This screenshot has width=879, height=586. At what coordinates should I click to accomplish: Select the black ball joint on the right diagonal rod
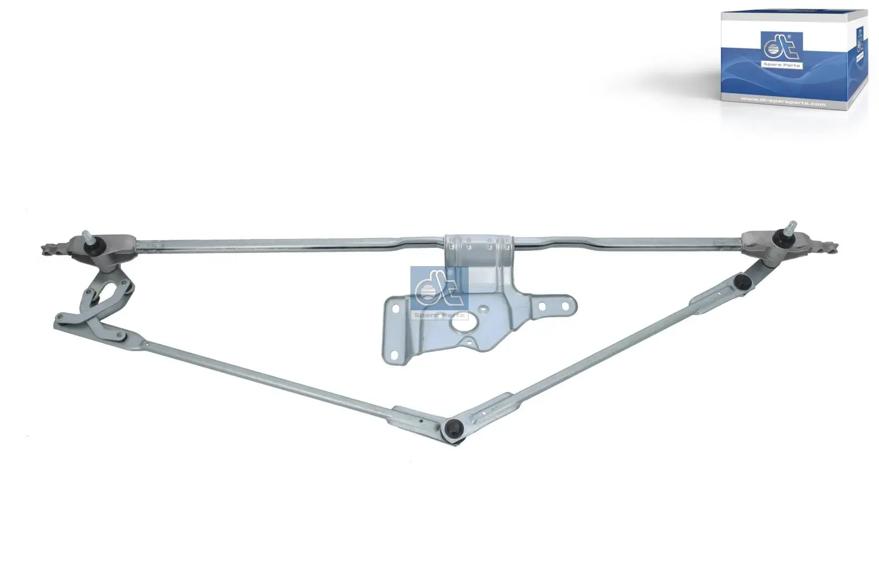(x=742, y=282)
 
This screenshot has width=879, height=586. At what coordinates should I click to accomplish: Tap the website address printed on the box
(x=783, y=102)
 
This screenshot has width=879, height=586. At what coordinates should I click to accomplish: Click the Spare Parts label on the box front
(x=781, y=65)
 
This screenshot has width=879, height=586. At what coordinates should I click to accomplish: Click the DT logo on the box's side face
(x=860, y=41)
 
